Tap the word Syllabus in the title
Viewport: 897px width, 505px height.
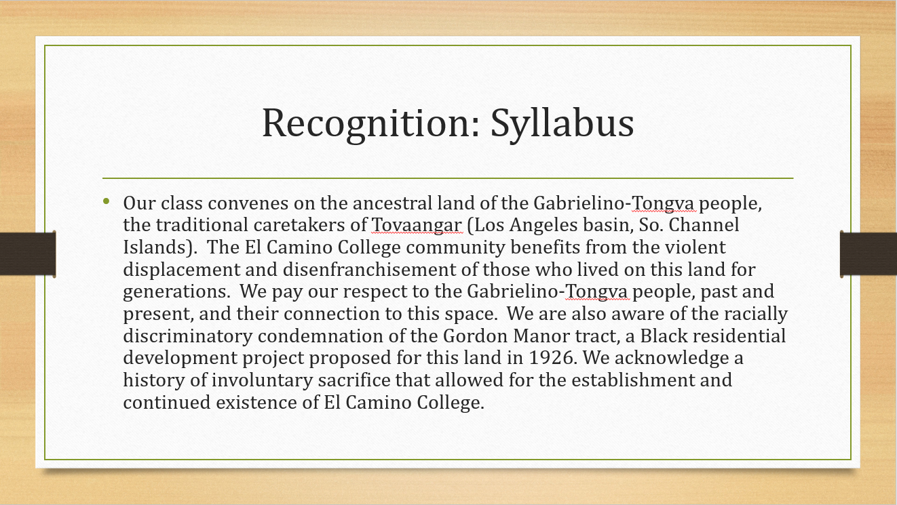(x=562, y=124)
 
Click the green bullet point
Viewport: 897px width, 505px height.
(x=106, y=201)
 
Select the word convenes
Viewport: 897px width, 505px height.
(x=248, y=203)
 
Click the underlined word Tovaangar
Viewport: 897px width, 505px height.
(x=417, y=225)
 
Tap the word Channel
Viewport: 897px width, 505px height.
(x=704, y=224)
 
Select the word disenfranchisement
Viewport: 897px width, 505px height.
(x=369, y=269)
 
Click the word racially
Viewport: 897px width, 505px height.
(x=756, y=314)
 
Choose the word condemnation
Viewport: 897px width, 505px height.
(x=320, y=336)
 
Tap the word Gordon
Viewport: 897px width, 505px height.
(x=476, y=336)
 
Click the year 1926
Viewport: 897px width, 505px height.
(x=553, y=358)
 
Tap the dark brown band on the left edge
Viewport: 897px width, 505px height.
(x=28, y=254)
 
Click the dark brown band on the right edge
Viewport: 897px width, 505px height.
(x=869, y=254)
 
